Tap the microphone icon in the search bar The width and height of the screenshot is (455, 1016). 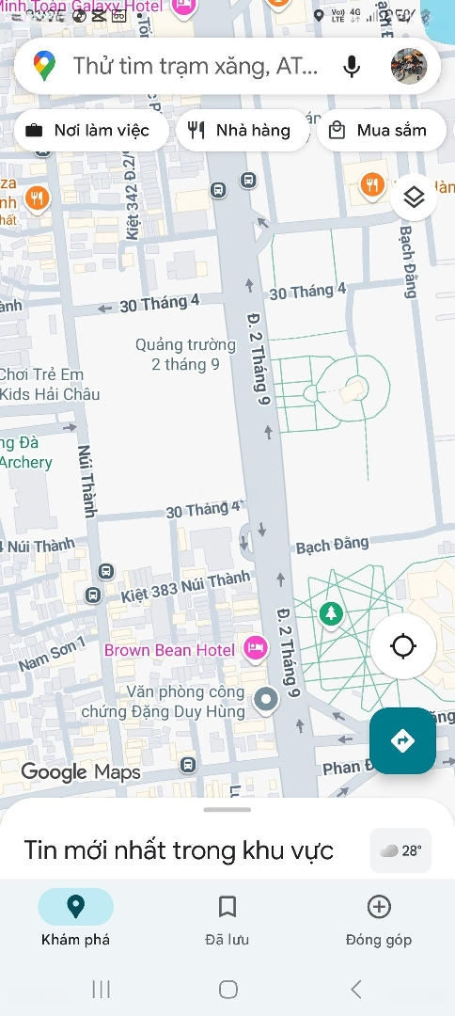point(352,66)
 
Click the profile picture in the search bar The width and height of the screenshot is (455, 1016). point(409,66)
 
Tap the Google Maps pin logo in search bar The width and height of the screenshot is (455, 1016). point(44,66)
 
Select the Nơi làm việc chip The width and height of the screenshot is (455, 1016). point(90,131)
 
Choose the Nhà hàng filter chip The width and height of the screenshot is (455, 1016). point(242,131)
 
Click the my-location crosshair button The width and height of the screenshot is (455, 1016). point(403,646)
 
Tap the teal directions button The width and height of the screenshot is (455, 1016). point(402,741)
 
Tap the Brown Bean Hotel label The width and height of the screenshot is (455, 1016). point(169,650)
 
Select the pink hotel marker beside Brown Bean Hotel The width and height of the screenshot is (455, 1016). point(255,647)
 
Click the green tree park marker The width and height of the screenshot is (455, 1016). point(330,614)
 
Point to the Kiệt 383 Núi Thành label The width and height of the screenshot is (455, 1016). point(185,588)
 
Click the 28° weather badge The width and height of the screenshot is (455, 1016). point(401,850)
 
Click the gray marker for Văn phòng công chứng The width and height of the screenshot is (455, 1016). point(268,699)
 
